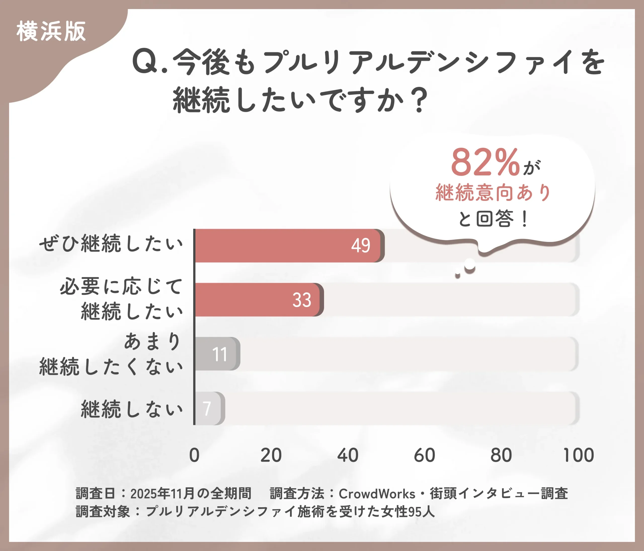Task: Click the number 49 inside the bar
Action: tap(360, 246)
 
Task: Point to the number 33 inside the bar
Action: tap(301, 300)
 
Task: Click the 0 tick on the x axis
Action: tap(194, 455)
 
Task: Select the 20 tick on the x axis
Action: tap(271, 455)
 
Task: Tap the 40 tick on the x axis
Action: tap(348, 455)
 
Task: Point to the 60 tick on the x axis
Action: tap(425, 455)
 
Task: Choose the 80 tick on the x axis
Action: tap(501, 455)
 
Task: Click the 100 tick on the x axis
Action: tap(578, 455)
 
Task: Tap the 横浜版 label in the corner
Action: tap(51, 31)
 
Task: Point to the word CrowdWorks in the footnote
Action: tap(377, 494)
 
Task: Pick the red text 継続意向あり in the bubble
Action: tap(493, 193)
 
